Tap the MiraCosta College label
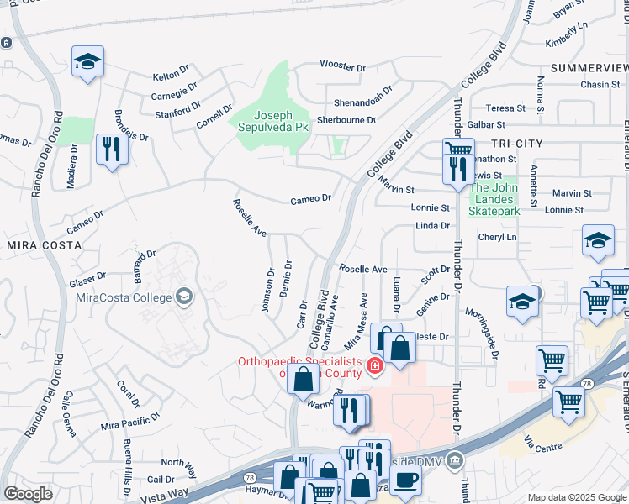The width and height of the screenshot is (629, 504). point(124,297)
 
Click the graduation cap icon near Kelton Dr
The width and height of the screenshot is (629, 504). point(87,61)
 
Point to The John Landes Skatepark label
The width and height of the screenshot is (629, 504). point(494,199)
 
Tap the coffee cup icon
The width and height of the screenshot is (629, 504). point(405,480)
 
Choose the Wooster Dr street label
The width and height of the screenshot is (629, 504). point(343,65)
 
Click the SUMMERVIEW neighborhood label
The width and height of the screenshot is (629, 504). point(589,66)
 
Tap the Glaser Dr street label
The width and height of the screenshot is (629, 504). point(88,276)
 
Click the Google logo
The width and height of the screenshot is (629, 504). point(29,493)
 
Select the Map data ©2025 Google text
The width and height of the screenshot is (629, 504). point(577,497)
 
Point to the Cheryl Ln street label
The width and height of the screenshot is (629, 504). point(496,238)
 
